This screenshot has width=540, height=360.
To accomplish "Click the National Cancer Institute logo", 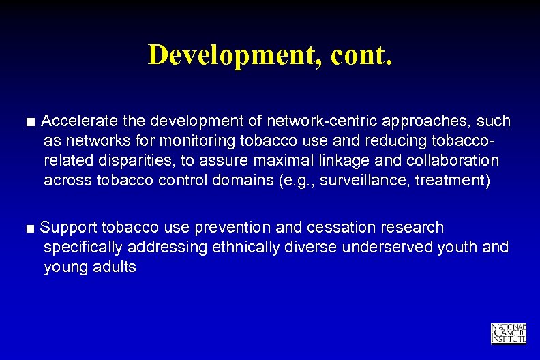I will point(508,333).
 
